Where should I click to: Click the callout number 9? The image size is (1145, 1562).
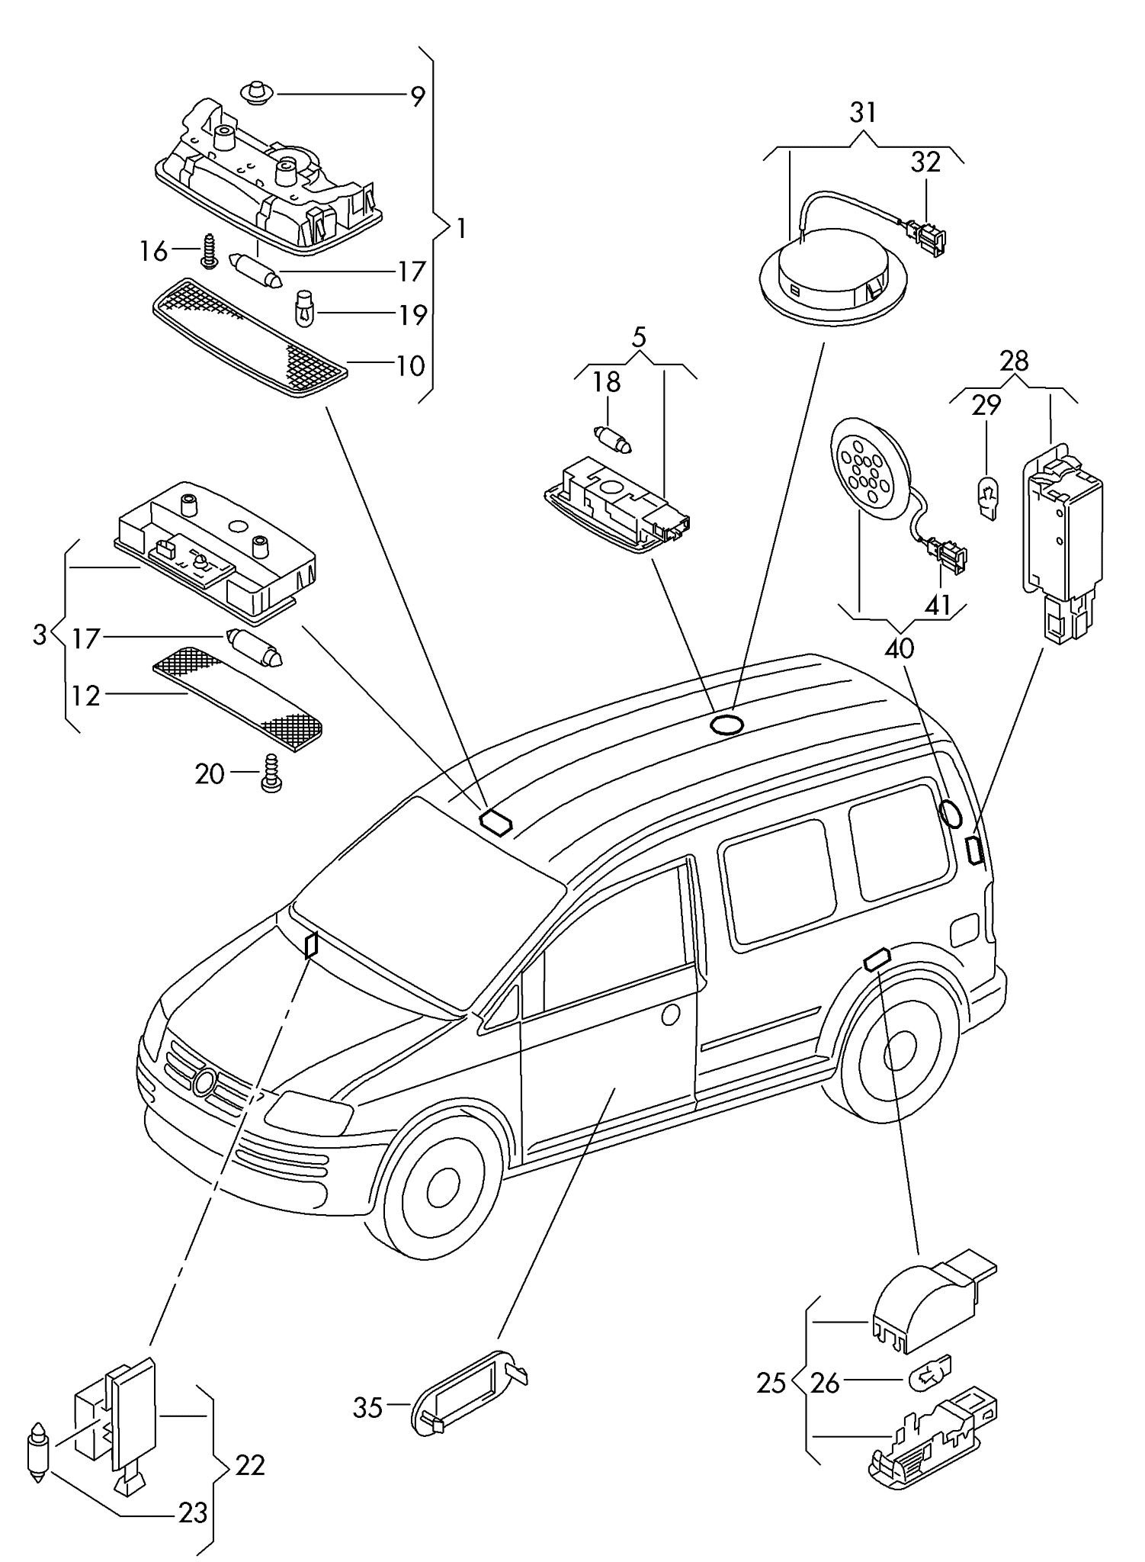coord(417,97)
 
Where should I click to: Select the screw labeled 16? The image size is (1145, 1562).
coord(209,251)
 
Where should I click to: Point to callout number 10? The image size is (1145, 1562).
coord(411,366)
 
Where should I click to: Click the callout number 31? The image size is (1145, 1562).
coord(863,113)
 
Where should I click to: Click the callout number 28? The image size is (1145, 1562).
coord(1015,360)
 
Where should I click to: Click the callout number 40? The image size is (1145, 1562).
coord(900,648)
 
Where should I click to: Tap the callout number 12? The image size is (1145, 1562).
coord(86,696)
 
